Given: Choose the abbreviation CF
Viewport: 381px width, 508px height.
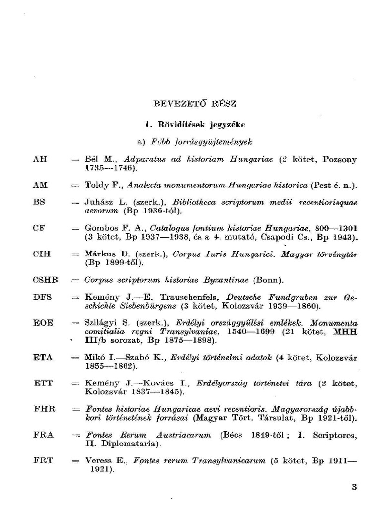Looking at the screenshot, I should pyautogui.click(x=39, y=228).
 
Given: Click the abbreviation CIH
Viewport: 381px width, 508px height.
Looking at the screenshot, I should pyautogui.click(x=42, y=254).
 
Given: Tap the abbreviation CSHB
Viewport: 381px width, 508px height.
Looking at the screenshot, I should pyautogui.click(x=45, y=280).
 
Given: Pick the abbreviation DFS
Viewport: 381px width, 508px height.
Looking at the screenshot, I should pyautogui.click(x=42, y=297).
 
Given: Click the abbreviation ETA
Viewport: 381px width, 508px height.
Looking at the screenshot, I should pyautogui.click(x=42, y=357).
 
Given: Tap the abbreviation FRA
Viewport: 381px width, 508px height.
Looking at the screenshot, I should pyautogui.click(x=43, y=435).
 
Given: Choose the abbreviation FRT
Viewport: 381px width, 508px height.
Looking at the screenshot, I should pyautogui.click(x=43, y=460).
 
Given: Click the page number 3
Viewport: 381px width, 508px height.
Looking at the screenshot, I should pyautogui.click(x=354, y=487).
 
